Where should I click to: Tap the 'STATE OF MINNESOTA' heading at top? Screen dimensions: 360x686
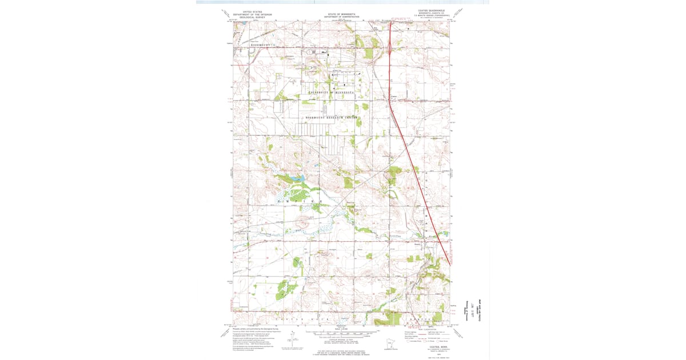[341, 14]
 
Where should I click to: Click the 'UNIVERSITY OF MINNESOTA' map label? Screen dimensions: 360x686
[331, 92]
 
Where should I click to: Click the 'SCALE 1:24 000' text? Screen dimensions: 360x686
[341, 328]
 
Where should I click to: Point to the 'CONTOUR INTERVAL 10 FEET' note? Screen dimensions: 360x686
[341, 339]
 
